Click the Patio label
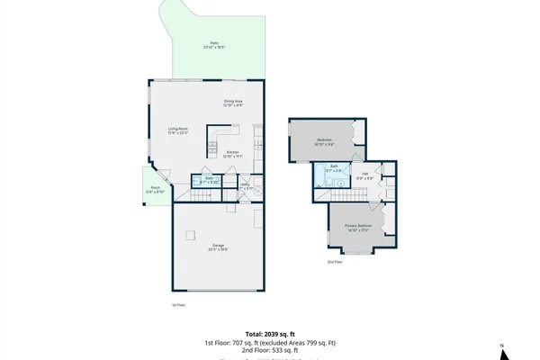(x=214, y=44)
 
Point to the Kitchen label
(x=232, y=154)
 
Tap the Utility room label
(x=245, y=186)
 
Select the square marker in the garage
(x=189, y=236)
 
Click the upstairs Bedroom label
(x=325, y=141)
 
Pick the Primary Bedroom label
(x=358, y=227)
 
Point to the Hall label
(x=364, y=175)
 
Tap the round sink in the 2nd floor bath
(x=339, y=183)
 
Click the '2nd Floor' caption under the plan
(x=334, y=262)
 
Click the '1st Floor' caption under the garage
(x=178, y=305)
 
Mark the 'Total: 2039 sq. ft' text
(x=269, y=334)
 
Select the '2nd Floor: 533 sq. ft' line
(x=269, y=350)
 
